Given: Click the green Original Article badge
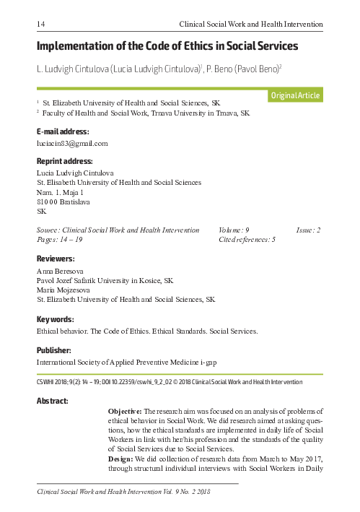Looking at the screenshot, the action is click(x=294, y=96).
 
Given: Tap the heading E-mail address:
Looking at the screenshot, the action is click(x=63, y=132).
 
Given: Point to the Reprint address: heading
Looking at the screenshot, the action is click(x=64, y=161).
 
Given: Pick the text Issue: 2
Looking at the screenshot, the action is click(x=308, y=230).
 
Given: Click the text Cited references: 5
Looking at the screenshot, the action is click(x=247, y=239).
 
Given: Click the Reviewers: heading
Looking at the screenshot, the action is click(x=56, y=258).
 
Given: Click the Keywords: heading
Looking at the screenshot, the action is click(x=55, y=318).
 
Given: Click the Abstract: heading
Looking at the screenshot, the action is click(x=53, y=401).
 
